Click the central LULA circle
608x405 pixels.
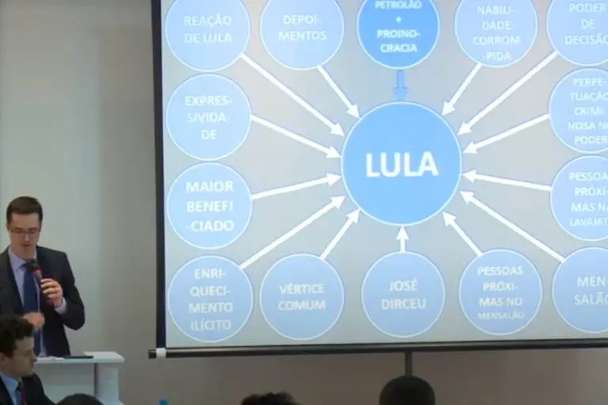point(401,164)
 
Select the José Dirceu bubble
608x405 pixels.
point(403,294)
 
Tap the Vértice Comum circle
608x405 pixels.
point(302,297)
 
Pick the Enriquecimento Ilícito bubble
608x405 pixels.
point(211,298)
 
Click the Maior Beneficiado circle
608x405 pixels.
point(209,206)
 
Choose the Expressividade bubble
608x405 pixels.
point(208,117)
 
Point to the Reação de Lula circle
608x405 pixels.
point(207,28)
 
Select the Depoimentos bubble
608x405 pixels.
point(302,31)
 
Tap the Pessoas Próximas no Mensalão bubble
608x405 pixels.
point(500,292)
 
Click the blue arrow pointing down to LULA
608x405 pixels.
point(401,85)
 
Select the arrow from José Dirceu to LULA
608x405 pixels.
point(402,238)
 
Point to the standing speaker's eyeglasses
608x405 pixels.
point(24,231)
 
